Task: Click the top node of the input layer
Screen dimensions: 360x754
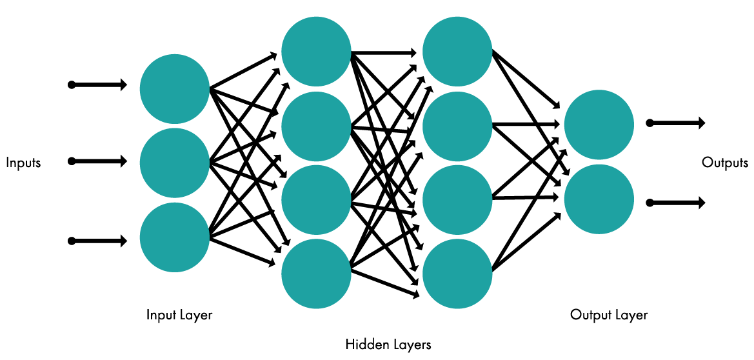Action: click(174, 89)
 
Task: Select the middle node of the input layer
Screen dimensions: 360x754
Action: click(174, 163)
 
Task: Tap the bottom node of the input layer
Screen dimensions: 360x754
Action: click(174, 237)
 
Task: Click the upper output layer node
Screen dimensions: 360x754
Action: click(599, 124)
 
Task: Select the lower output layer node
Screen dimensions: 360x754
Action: click(599, 198)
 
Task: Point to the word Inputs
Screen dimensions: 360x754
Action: click(23, 163)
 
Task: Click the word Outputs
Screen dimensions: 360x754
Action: click(725, 163)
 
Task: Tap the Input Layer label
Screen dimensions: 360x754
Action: click(179, 315)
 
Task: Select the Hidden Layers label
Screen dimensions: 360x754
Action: click(388, 345)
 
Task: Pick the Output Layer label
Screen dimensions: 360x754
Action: click(609, 315)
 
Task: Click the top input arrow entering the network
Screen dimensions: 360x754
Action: click(98, 85)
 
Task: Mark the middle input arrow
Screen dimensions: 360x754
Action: click(98, 161)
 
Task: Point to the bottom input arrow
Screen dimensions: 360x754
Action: click(98, 241)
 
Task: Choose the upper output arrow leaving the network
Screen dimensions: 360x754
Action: click(675, 123)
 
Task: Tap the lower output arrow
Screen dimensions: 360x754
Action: click(675, 203)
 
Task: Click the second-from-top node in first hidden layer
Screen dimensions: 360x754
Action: click(316, 126)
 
